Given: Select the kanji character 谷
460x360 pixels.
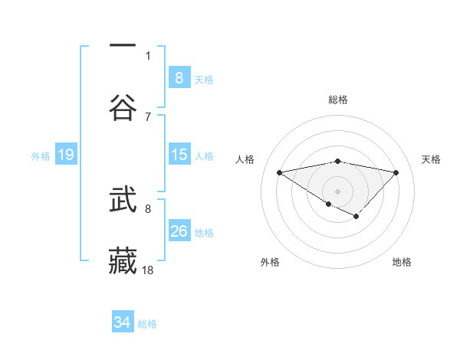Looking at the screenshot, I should tap(123, 106).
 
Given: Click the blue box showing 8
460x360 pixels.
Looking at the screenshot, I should tap(179, 78).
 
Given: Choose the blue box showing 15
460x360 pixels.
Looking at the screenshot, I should tap(179, 155).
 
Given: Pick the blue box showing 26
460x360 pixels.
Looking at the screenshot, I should tap(179, 231).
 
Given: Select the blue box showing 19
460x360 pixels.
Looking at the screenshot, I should tap(65, 155).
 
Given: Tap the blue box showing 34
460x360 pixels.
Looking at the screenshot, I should tap(122, 323).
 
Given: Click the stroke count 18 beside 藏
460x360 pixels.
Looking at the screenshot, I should tap(149, 270).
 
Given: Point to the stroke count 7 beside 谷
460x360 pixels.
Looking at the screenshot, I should tap(149, 116).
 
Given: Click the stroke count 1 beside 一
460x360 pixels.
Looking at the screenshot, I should tap(149, 56).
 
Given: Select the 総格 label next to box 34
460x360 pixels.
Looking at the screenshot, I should tap(147, 324).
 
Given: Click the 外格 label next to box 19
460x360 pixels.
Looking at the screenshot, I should tap(41, 156).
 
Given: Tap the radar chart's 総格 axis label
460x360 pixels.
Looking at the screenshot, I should tap(337, 100).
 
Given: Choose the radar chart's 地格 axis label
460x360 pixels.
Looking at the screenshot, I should tap(402, 262).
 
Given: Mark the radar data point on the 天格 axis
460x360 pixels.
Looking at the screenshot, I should tap(396, 172).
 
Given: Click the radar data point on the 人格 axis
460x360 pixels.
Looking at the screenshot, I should tap(280, 172).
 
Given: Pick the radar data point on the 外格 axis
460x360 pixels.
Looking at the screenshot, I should tap(328, 204).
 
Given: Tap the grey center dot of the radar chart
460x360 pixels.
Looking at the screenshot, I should tap(337, 191).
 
